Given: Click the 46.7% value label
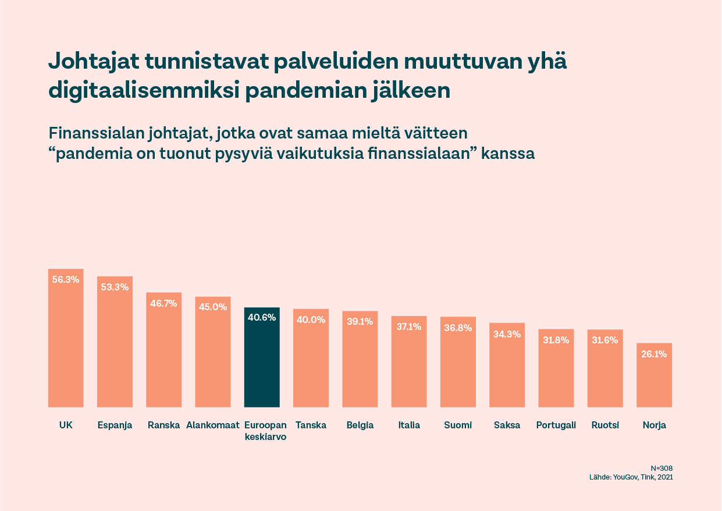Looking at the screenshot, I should tap(163, 303).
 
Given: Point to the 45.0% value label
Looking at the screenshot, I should tap(213, 307).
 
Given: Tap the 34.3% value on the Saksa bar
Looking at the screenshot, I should tap(507, 334).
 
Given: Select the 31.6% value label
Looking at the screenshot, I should tap(605, 340).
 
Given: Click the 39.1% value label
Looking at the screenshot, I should tap(360, 321).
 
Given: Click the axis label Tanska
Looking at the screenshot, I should tap(311, 425).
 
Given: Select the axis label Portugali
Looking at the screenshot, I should tap(556, 425).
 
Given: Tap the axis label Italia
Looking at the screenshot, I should tap(409, 425).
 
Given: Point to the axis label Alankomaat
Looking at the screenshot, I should tap(213, 425).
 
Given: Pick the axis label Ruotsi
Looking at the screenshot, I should tap(605, 425).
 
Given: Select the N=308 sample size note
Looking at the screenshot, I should tap(661, 468).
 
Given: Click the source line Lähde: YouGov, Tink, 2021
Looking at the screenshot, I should tap(631, 477).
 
